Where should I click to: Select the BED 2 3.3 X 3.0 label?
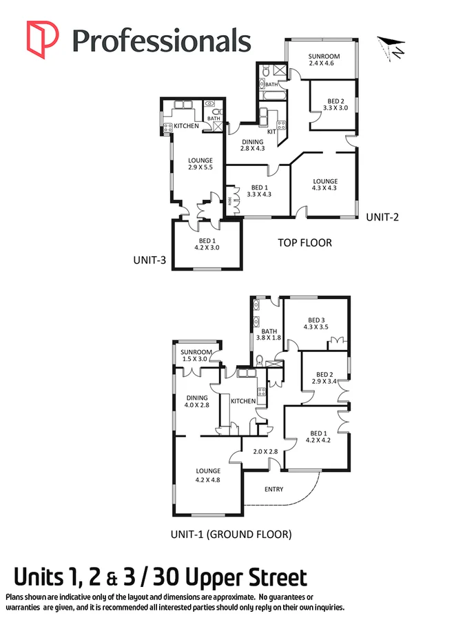333,103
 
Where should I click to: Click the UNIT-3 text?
152,260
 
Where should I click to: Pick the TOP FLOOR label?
304,242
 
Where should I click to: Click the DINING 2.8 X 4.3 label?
252,145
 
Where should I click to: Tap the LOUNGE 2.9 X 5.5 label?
200,165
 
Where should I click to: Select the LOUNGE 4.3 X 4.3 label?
324,185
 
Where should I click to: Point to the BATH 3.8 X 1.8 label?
269,334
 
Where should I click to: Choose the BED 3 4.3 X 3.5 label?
316,323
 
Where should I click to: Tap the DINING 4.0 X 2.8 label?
196,401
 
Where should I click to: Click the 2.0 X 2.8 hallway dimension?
265,451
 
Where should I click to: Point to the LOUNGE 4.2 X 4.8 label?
207,475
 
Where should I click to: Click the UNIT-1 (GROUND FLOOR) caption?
231,534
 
